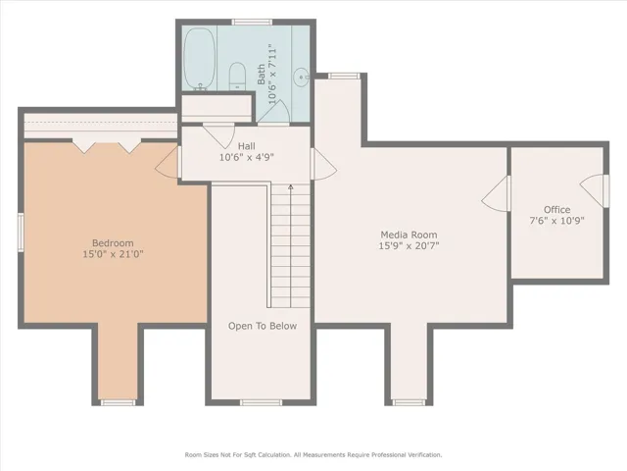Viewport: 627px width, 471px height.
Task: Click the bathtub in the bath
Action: point(199,59)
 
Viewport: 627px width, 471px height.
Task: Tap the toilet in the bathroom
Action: point(237,77)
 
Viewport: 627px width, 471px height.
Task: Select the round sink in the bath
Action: point(301,77)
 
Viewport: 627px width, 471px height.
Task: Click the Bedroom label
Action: point(113,242)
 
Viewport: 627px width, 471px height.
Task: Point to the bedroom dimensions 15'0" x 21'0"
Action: point(113,254)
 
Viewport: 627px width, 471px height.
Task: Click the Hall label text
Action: point(246,146)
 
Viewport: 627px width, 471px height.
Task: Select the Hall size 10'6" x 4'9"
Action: point(246,157)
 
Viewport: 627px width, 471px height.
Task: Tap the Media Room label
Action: point(409,235)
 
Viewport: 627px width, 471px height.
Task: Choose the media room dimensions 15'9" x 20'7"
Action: point(409,245)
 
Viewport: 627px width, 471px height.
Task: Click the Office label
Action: point(556,209)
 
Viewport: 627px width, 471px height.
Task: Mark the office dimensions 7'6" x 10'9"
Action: point(556,220)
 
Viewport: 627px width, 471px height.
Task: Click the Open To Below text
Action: point(263,326)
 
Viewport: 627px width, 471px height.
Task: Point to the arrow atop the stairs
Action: point(291,186)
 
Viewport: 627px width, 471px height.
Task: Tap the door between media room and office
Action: point(494,194)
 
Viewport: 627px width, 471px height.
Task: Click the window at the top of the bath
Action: point(252,22)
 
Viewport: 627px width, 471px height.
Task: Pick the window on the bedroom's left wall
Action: point(21,233)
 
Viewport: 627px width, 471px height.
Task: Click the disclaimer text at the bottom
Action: point(313,455)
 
